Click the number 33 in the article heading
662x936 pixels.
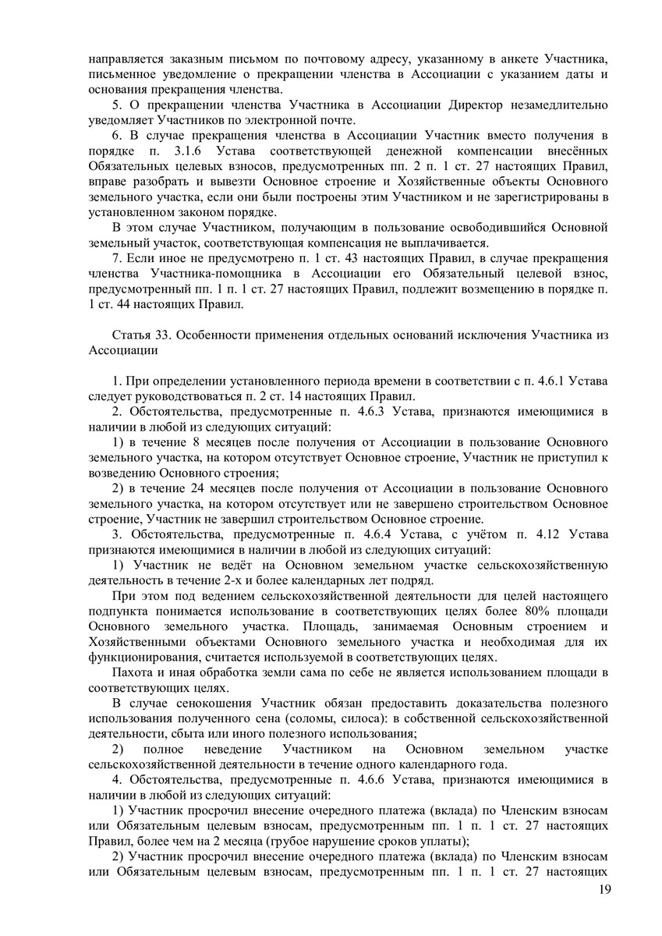coord(163,335)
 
